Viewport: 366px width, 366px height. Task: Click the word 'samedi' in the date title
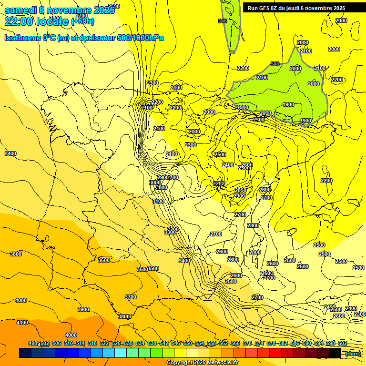coord(20,10)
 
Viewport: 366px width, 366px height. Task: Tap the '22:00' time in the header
coord(19,21)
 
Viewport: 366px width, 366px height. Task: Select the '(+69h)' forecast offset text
coord(82,21)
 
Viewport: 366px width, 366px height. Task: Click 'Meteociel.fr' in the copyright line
coord(219,363)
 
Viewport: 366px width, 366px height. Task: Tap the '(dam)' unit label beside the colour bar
coord(353,353)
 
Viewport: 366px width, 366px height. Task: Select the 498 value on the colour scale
coord(33,344)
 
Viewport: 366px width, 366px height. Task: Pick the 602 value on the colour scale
coord(342,344)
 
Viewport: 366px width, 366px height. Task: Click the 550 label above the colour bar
coord(187,344)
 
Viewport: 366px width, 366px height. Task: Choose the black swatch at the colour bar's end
coord(335,353)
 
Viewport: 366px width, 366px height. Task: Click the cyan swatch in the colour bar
coord(120,353)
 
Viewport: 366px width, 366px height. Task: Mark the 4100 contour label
coord(22,323)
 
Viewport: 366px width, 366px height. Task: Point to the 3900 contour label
coord(83,309)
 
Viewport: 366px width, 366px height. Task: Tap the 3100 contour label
coord(158,201)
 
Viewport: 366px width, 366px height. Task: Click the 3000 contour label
coord(154,183)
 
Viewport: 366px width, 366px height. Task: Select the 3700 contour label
coord(131,297)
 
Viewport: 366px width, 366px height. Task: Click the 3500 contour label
coord(153,269)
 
